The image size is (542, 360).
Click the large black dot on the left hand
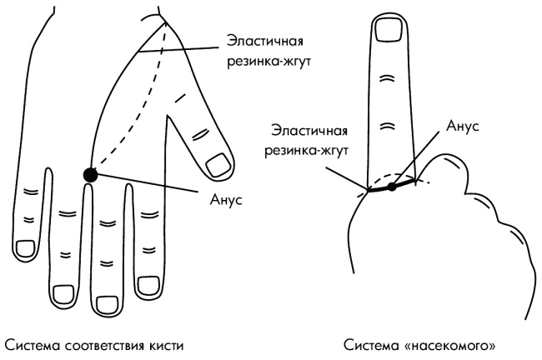pos(90,174)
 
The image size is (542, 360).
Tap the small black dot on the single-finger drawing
pos(393,187)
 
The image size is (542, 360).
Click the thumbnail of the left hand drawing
pos(218,162)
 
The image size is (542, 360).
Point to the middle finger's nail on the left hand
pos(106,296)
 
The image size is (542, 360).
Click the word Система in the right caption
pos(379,342)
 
